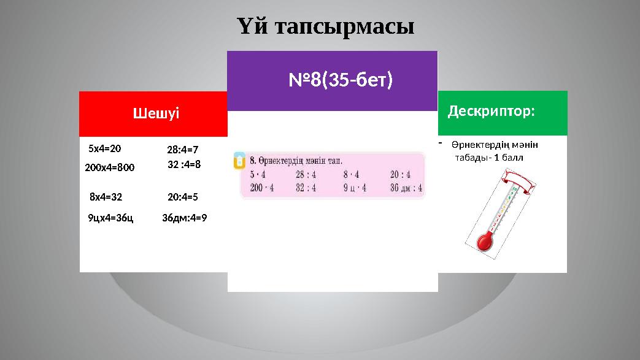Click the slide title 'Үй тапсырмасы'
click(x=325, y=27)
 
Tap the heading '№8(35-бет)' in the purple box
click(x=341, y=80)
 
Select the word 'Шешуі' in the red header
click(x=156, y=113)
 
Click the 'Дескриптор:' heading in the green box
click(x=492, y=112)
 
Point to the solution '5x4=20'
click(x=105, y=148)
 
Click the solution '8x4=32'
click(x=106, y=197)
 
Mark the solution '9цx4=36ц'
click(x=110, y=217)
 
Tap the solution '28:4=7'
click(x=183, y=149)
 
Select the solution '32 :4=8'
click(x=184, y=164)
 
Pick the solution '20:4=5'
click(x=183, y=197)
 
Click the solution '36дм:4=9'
click(x=184, y=217)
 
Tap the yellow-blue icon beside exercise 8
click(x=239, y=161)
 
